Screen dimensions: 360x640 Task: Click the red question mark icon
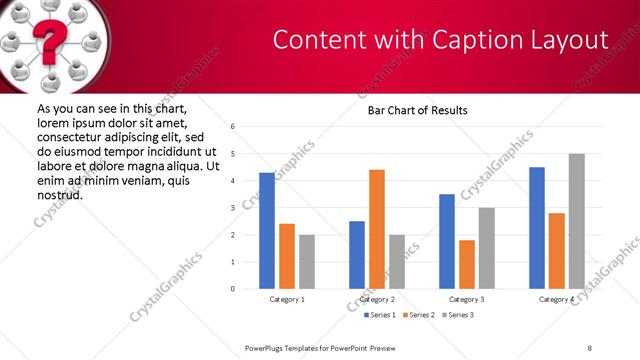pos(47,43)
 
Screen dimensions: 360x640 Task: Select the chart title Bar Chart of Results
pos(411,110)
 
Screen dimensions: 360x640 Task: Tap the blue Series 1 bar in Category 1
pos(266,231)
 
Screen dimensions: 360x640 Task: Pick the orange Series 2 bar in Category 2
pos(376,229)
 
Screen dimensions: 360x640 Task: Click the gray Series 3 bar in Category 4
pos(576,221)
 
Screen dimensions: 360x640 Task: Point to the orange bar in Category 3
pos(466,264)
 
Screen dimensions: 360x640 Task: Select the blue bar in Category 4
pos(536,228)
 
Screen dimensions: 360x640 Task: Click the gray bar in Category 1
pos(306,262)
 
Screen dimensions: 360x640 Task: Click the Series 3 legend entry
pos(456,315)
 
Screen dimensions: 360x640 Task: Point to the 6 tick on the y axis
pos(232,127)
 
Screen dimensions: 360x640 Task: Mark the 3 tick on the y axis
pos(232,208)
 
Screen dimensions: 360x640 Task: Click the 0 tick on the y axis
pos(232,289)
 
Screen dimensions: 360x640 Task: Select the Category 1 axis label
pos(287,299)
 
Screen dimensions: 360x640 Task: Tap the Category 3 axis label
pos(466,299)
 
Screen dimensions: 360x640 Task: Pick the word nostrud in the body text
pos(59,194)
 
